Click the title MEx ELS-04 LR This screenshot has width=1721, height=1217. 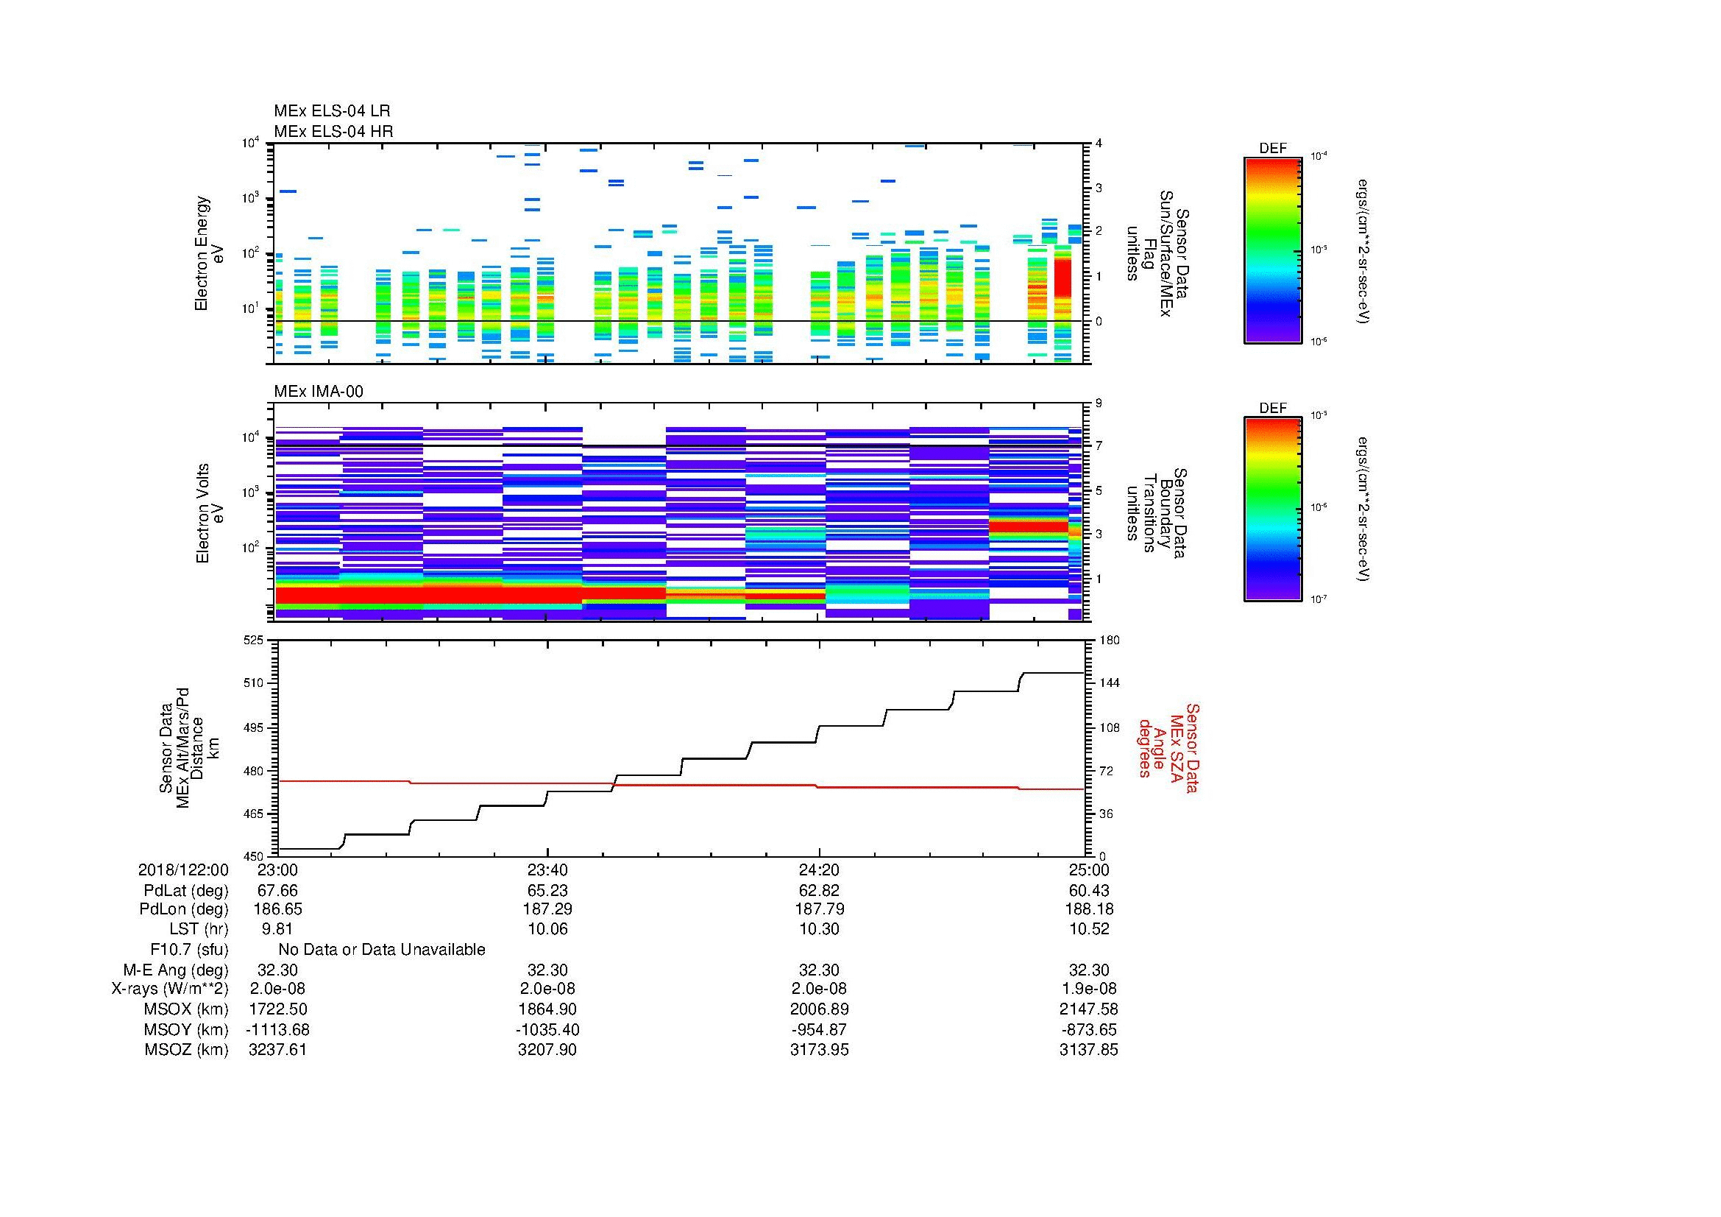click(331, 111)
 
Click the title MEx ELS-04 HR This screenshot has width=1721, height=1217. click(333, 131)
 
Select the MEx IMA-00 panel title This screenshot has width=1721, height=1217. click(318, 392)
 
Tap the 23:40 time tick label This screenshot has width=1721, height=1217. click(547, 869)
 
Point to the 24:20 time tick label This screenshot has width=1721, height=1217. click(818, 869)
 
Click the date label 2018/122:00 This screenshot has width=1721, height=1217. click(183, 869)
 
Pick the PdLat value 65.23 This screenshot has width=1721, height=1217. click(547, 891)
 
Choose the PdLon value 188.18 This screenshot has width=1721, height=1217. click(1088, 909)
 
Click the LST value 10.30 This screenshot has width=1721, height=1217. click(818, 929)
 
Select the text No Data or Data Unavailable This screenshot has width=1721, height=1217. click(382, 950)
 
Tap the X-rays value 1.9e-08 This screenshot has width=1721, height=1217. click(1088, 989)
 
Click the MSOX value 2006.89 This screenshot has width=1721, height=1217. click(818, 1009)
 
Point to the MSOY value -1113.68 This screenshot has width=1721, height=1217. click(277, 1029)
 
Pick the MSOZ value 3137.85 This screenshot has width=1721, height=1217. click(1088, 1050)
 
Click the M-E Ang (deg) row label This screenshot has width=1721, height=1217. click(175, 970)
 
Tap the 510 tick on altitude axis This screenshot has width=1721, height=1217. click(254, 683)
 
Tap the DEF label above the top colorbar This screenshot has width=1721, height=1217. click(1272, 149)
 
